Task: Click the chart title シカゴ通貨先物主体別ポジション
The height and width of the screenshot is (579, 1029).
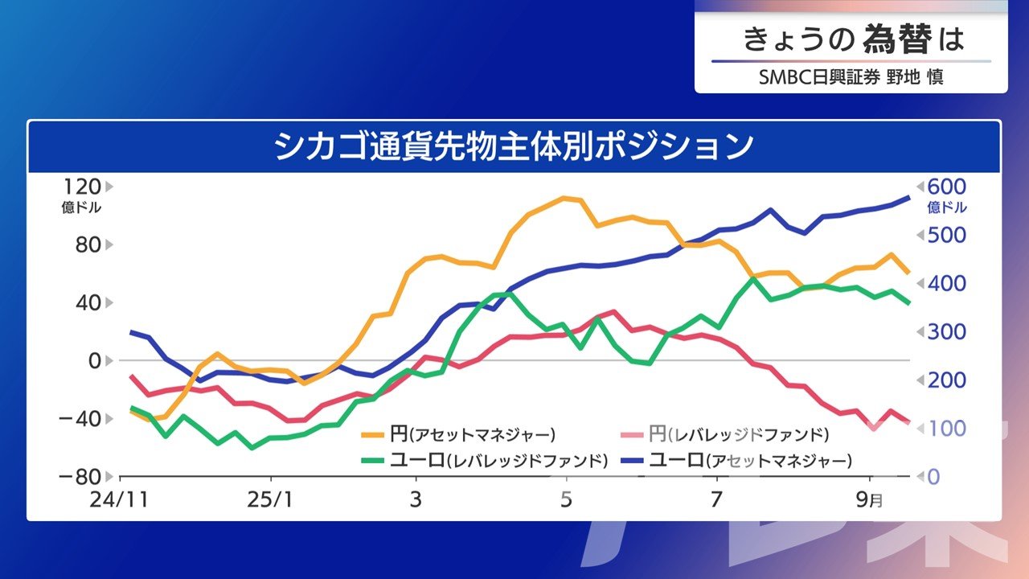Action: point(514,146)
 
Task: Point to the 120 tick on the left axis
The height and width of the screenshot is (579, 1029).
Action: point(82,187)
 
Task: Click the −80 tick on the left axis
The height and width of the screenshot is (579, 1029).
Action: point(80,476)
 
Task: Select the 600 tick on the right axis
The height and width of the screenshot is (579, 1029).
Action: point(945,187)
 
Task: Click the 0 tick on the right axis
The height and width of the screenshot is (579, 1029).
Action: point(934,476)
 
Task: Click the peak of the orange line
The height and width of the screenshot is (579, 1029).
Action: point(564,198)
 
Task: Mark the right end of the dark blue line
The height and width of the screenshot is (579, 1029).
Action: point(908,197)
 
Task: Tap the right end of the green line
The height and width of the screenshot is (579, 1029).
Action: point(908,303)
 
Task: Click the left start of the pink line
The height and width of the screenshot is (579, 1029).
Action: point(130,376)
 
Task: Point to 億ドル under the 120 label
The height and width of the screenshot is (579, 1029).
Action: point(82,207)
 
